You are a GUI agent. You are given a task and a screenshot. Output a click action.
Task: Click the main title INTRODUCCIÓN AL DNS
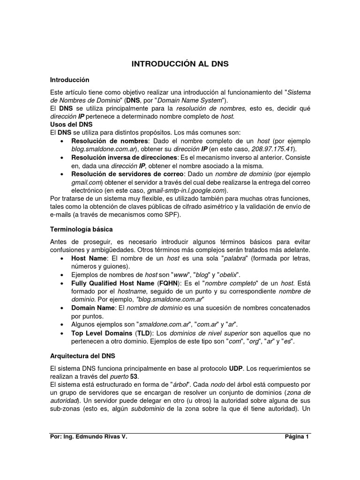180,64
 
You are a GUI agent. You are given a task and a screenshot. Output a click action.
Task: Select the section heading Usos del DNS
71,124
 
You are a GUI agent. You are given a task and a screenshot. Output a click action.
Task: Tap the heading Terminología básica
81,229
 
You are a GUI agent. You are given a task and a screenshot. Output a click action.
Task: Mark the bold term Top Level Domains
102,333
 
